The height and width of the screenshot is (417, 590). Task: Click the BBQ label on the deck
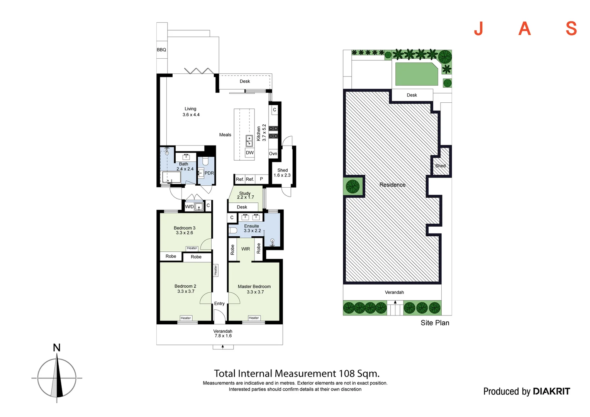click(161, 50)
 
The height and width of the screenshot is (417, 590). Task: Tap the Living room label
click(190, 109)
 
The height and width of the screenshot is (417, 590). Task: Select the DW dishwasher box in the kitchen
click(250, 153)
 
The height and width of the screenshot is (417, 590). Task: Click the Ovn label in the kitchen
click(273, 154)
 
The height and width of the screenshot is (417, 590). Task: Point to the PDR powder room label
click(209, 173)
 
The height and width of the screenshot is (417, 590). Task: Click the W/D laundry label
click(189, 207)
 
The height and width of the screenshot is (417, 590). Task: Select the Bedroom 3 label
click(185, 228)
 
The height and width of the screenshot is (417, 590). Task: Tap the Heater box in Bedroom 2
click(186, 318)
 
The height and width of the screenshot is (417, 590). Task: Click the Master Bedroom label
click(254, 286)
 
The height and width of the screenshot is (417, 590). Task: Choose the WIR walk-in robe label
click(246, 249)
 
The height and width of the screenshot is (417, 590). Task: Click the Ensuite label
click(251, 226)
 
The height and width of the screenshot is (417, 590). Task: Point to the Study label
click(245, 193)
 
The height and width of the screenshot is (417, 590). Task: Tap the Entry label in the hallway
click(219, 303)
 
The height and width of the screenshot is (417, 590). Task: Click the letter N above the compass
click(57, 348)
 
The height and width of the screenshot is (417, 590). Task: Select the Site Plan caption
click(435, 323)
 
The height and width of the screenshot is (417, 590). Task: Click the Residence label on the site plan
click(392, 185)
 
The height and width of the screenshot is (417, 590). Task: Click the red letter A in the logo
click(524, 29)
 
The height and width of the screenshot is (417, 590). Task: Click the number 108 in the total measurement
click(347, 373)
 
